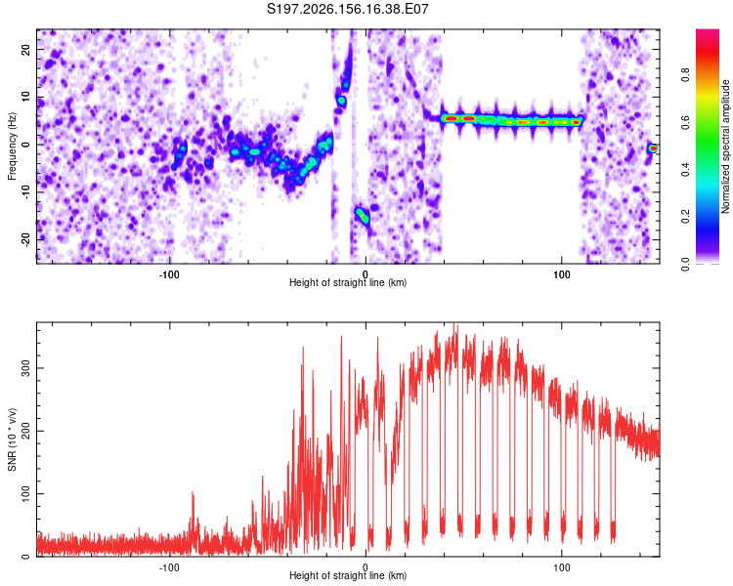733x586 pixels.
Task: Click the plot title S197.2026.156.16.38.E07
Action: click(347, 9)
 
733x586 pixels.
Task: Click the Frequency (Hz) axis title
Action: click(12, 146)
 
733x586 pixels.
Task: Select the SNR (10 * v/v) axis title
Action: click(12, 439)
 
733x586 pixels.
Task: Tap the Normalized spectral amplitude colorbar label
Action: click(725, 146)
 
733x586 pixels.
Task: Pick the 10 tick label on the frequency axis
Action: click(25, 97)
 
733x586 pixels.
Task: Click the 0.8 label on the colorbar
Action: click(685, 75)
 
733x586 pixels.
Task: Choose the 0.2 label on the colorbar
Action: click(685, 217)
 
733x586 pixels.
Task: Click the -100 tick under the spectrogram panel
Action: click(169, 274)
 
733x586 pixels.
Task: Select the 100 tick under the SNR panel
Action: click(561, 567)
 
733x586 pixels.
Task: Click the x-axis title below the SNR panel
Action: click(348, 575)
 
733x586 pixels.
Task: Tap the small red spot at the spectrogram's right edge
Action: click(653, 148)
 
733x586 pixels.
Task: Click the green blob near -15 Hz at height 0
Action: click(362, 216)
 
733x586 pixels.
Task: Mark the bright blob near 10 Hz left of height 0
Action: click(341, 101)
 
